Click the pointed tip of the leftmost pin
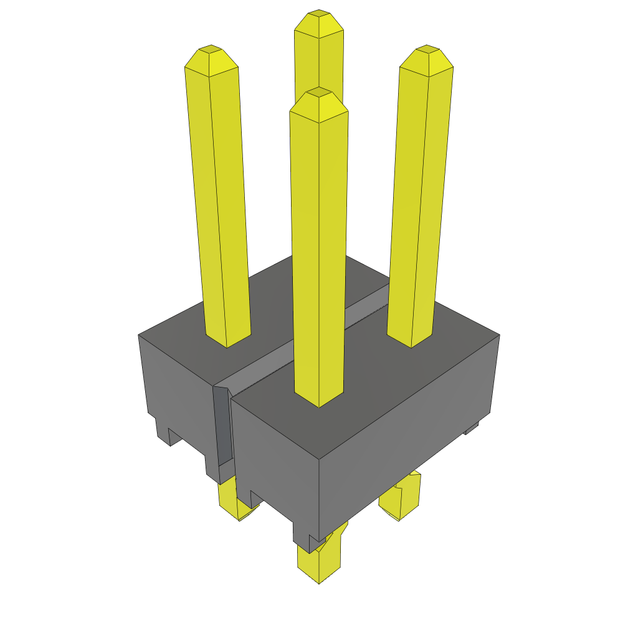(211, 49)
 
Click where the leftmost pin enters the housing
(228, 340)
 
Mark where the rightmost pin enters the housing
(410, 340)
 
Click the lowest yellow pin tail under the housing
(320, 564)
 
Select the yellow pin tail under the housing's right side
(401, 498)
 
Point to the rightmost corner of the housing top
(498, 335)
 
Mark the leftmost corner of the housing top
(139, 335)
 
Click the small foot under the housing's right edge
(472, 428)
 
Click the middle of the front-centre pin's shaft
(318, 249)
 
